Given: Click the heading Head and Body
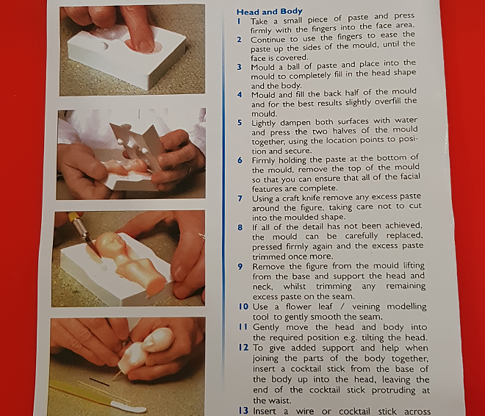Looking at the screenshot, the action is pyautogui.click(x=270, y=12).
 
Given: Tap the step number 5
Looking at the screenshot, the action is pyautogui.click(x=240, y=123).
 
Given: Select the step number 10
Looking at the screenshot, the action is pyautogui.click(x=243, y=306).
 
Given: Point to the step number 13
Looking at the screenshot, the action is pyautogui.click(x=243, y=410).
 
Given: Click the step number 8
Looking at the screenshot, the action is pyautogui.click(x=240, y=227).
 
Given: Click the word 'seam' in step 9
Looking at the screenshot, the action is pyautogui.click(x=343, y=296).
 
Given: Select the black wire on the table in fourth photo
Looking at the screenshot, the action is pyautogui.click(x=99, y=382).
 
